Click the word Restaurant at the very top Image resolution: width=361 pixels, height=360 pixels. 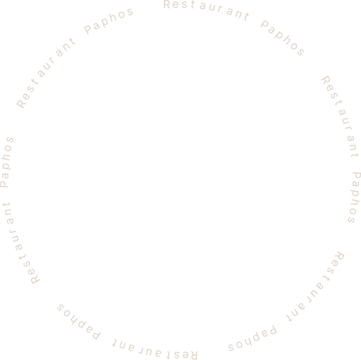(206, 9)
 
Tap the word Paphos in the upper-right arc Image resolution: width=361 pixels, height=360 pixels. (282, 38)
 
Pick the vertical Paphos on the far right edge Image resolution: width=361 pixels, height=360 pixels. (355, 197)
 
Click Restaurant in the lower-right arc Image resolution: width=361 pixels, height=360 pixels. (315, 286)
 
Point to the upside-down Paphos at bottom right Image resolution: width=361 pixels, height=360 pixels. (252, 339)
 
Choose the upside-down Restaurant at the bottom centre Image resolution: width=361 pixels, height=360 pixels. (154, 350)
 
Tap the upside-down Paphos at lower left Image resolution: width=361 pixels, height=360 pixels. (79, 322)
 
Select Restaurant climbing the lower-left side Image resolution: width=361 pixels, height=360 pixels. (21, 244)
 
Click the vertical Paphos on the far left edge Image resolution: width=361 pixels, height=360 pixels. (6, 162)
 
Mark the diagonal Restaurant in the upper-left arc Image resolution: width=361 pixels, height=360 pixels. (45, 73)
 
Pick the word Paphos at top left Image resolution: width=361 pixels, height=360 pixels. (109, 21)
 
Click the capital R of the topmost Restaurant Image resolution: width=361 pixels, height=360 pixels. (167, 4)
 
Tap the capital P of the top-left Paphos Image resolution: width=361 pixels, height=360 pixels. (88, 29)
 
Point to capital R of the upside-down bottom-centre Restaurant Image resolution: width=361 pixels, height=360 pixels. (193, 355)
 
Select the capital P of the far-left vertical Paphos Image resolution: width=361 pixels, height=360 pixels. (4, 183)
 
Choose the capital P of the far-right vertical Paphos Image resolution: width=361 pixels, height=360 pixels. (357, 177)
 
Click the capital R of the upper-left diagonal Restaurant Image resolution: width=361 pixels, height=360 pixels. (21, 103)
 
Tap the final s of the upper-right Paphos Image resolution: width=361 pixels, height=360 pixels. (301, 52)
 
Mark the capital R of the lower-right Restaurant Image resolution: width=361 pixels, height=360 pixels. (340, 256)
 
